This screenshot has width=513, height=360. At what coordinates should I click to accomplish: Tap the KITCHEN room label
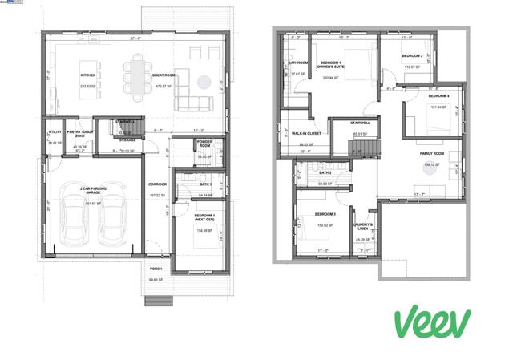(88, 77)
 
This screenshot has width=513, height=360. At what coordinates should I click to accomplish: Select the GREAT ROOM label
(164, 76)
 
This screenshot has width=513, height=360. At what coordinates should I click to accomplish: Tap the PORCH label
(156, 269)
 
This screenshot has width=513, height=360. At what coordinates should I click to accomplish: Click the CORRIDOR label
(157, 184)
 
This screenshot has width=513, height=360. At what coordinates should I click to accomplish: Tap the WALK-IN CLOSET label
(306, 134)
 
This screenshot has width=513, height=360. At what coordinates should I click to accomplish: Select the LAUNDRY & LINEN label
(363, 227)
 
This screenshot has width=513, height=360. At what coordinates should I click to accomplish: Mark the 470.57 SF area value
(164, 86)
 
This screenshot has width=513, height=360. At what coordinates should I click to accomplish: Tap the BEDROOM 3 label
(325, 214)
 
